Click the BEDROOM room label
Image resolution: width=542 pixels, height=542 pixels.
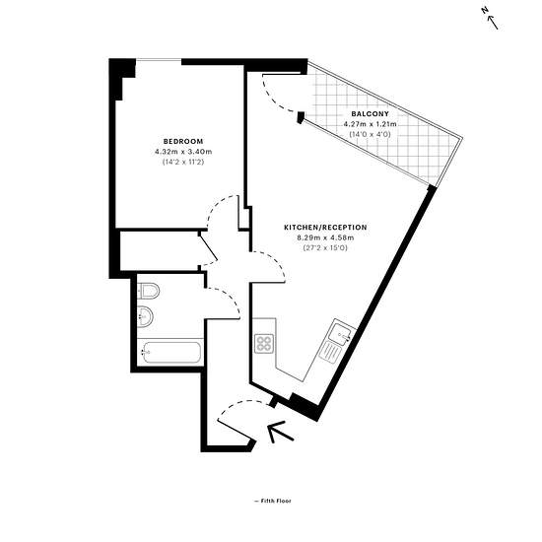tap(183, 141)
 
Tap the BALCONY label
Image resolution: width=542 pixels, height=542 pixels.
tap(370, 113)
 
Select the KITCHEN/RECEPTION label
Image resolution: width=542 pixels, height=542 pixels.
tap(325, 228)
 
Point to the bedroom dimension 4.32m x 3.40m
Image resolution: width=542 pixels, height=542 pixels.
tap(183, 152)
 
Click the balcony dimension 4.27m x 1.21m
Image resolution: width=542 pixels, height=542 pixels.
tap(370, 124)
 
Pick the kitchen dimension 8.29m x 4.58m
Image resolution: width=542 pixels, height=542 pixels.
tap(325, 237)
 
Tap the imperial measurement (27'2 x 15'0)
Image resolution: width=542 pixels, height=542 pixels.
tap(325, 247)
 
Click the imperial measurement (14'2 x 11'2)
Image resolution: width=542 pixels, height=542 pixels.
tap(183, 162)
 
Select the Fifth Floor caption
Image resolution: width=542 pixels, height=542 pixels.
tap(273, 501)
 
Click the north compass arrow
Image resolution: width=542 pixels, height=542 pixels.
tap(492, 23)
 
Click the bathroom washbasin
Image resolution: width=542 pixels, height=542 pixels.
tap(145, 316)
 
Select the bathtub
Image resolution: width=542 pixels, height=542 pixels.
tap(171, 352)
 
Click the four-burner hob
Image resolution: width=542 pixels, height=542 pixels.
tap(264, 344)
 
